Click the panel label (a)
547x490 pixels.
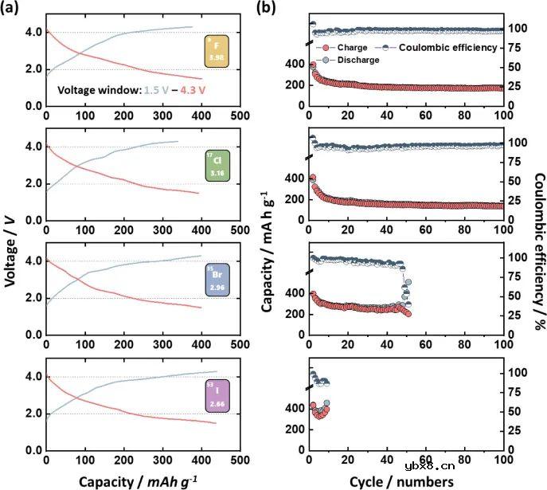coord(13,9)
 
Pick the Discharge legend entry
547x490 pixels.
coord(358,60)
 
